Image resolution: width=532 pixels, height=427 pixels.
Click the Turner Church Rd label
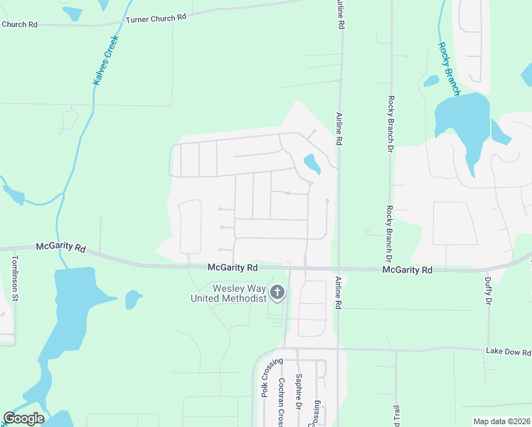point(156,19)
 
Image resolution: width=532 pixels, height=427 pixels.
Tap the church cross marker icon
point(277,292)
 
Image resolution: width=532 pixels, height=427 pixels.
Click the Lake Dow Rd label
point(509,352)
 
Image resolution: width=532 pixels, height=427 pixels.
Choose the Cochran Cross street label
point(282,402)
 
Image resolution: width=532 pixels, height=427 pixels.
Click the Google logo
point(24,418)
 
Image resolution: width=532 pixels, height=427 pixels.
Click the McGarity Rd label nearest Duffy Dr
point(408,270)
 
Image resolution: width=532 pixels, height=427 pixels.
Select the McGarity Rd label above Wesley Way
point(232,268)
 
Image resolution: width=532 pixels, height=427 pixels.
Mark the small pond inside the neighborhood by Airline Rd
point(312,164)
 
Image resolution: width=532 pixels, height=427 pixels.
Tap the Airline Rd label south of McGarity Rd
point(339,292)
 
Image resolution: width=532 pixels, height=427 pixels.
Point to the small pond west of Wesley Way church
point(133,300)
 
